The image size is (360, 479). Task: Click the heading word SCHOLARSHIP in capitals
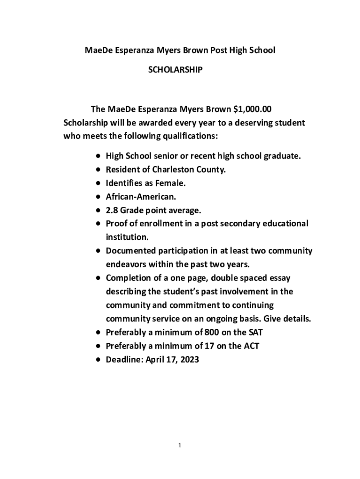pyautogui.click(x=175, y=70)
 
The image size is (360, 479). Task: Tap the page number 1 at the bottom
pyautogui.click(x=180, y=445)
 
